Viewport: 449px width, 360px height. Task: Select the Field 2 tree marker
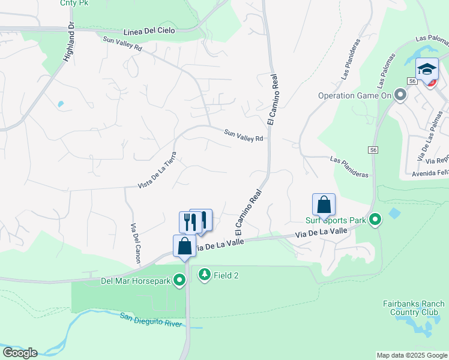click(205, 275)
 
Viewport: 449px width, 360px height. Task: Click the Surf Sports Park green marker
click(375, 220)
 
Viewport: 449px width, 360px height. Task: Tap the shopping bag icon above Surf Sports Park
click(324, 205)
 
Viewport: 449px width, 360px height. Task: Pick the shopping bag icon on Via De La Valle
click(184, 246)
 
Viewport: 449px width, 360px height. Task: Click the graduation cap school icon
click(427, 69)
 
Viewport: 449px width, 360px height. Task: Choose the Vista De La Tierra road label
click(157, 169)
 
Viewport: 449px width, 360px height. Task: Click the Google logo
click(20, 353)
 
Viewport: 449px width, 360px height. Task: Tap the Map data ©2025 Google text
click(411, 355)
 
